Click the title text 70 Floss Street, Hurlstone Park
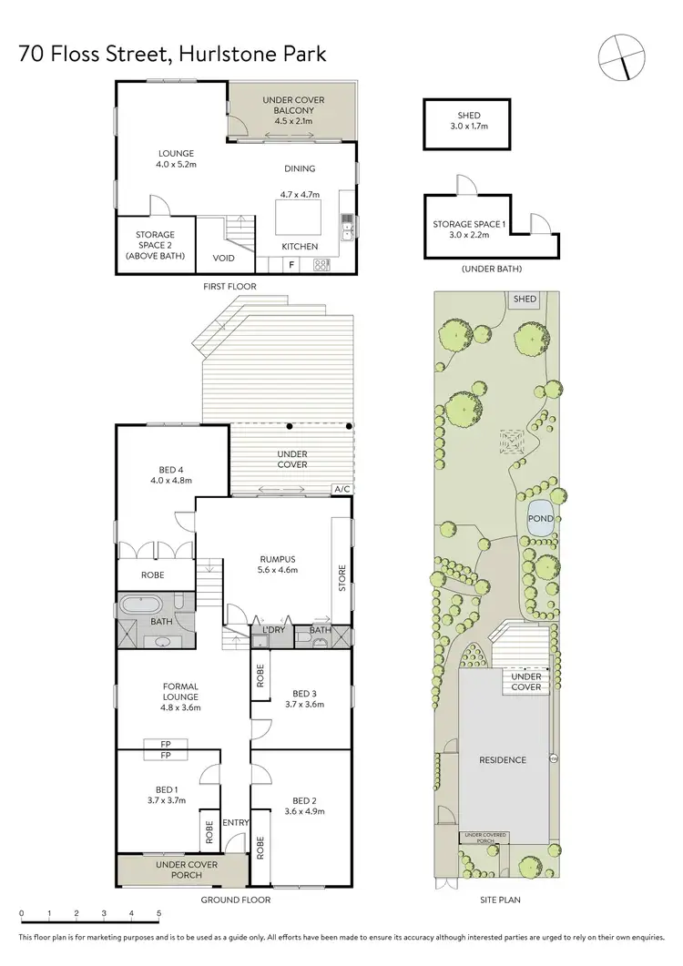172,55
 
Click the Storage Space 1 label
468,229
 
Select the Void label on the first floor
223,258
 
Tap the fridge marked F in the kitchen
291,265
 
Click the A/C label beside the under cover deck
342,489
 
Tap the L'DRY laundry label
274,630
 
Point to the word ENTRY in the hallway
235,823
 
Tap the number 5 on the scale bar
158,913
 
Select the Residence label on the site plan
503,760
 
